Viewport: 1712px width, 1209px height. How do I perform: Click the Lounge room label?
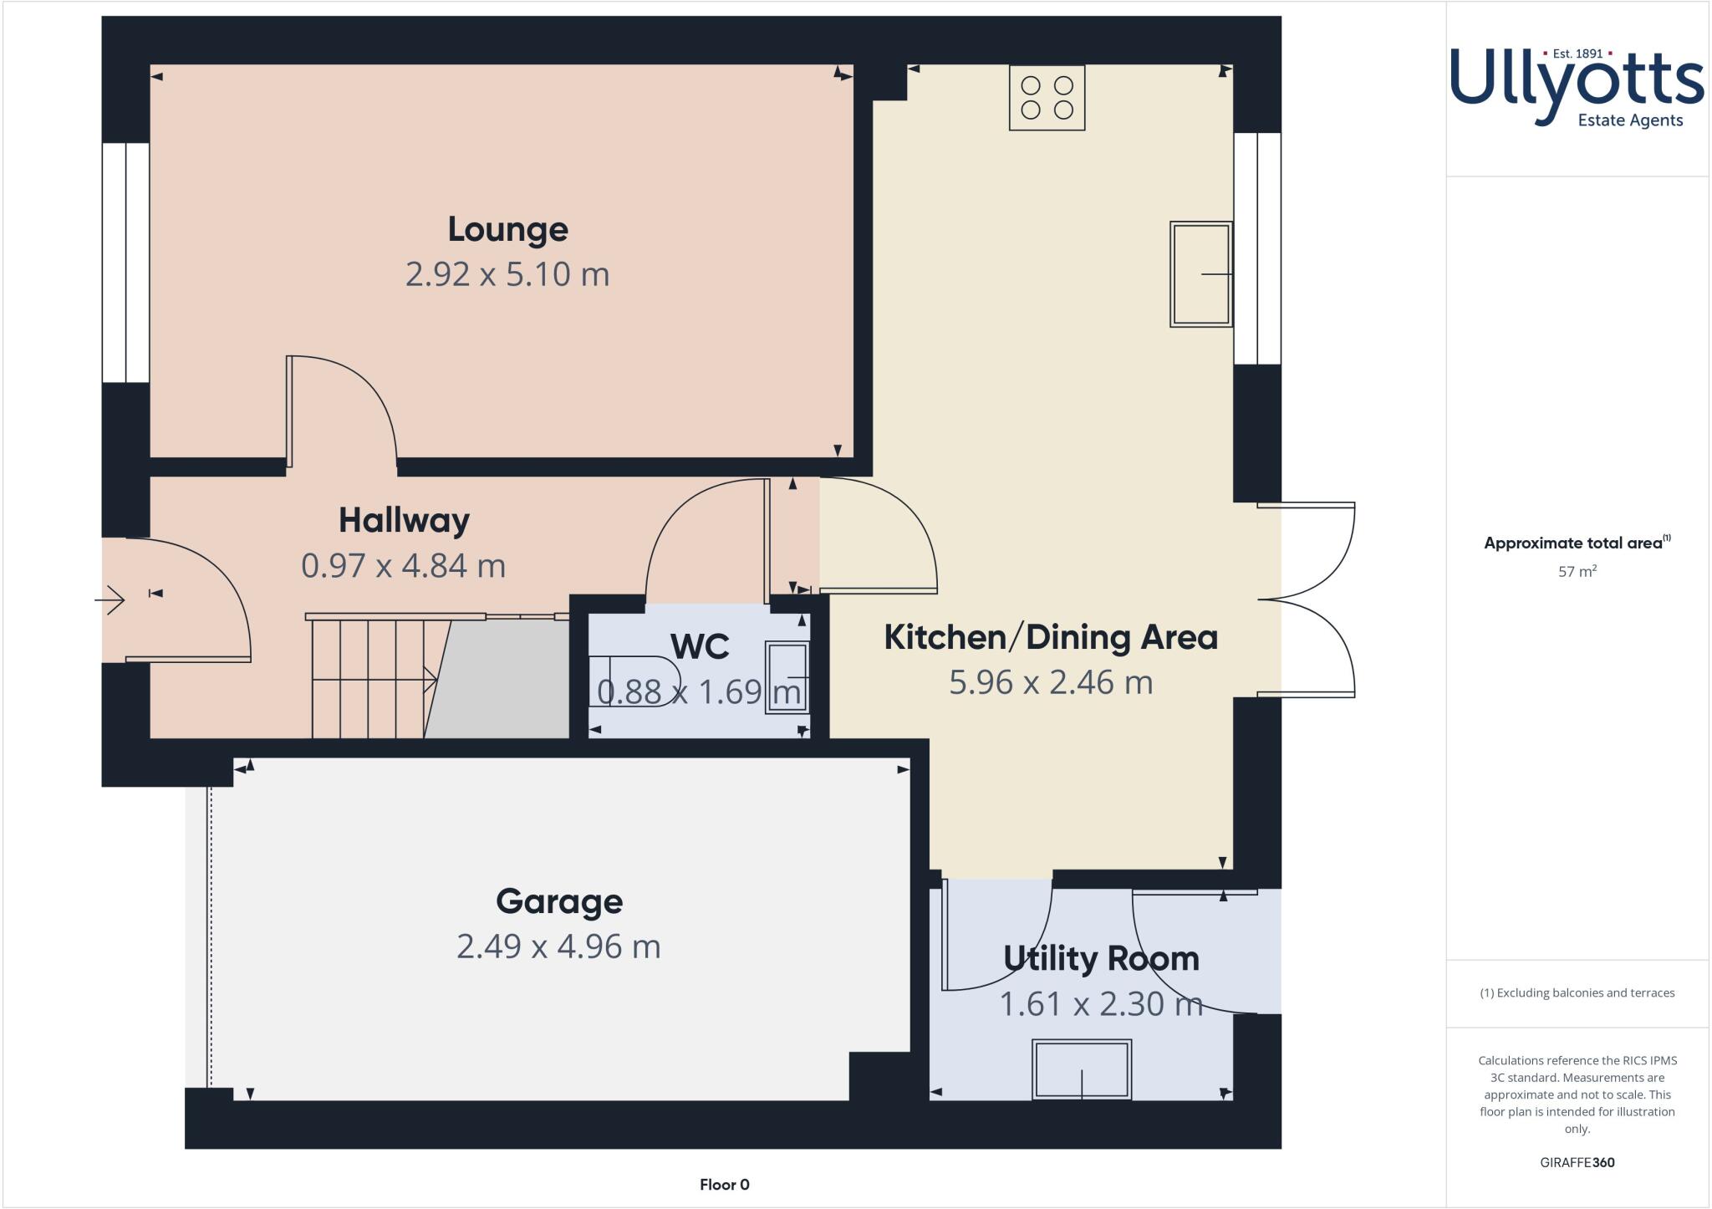[x=507, y=229]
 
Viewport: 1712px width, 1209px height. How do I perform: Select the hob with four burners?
[x=1047, y=98]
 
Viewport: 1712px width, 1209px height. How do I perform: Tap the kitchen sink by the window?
[x=1200, y=274]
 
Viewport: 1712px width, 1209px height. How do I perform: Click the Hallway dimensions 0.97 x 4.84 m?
[x=403, y=566]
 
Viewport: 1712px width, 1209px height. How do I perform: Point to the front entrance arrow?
[x=110, y=599]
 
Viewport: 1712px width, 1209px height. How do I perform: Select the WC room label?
[x=700, y=646]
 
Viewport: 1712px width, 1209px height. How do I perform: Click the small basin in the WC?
[x=787, y=677]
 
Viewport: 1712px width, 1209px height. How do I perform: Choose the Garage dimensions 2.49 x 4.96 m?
[x=558, y=946]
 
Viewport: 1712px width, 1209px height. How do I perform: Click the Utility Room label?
[x=1101, y=958]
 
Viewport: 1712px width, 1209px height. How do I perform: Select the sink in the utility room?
[x=1082, y=1069]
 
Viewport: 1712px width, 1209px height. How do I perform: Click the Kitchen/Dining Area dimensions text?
[x=1051, y=682]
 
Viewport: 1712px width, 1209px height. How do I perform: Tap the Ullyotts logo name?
[x=1577, y=79]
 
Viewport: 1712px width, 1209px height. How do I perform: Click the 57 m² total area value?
[x=1577, y=572]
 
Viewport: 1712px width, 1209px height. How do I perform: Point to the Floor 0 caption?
[x=724, y=1185]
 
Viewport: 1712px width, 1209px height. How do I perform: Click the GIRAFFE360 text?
[x=1577, y=1162]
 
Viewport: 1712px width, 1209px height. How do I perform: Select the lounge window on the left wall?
[x=125, y=263]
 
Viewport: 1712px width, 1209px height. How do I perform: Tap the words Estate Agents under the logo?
[x=1629, y=120]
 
